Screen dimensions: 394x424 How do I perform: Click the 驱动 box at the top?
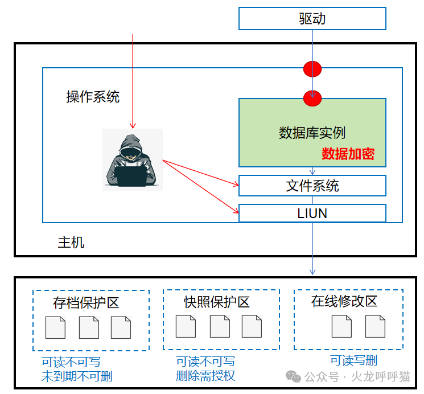click(x=312, y=19)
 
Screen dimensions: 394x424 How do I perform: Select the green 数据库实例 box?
click(x=312, y=132)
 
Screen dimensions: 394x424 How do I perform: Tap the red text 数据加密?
click(x=348, y=154)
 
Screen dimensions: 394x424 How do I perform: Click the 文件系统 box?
click(x=312, y=186)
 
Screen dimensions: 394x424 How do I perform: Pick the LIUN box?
click(x=312, y=213)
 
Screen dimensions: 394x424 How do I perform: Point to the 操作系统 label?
click(x=93, y=97)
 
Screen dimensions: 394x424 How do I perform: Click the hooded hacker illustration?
click(x=133, y=159)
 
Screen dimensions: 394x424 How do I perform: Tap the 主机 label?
click(x=71, y=243)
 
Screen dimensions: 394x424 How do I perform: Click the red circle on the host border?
click(x=312, y=69)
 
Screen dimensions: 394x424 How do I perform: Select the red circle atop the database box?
click(x=312, y=98)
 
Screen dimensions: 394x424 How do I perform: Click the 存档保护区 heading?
click(x=86, y=302)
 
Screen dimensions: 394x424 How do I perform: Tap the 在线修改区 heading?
click(x=344, y=301)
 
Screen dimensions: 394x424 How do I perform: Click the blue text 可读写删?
click(x=353, y=360)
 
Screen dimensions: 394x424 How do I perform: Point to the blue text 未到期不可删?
click(x=77, y=376)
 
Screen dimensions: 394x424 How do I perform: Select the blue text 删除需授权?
click(x=205, y=376)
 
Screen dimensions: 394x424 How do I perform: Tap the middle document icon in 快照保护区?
click(x=220, y=326)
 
